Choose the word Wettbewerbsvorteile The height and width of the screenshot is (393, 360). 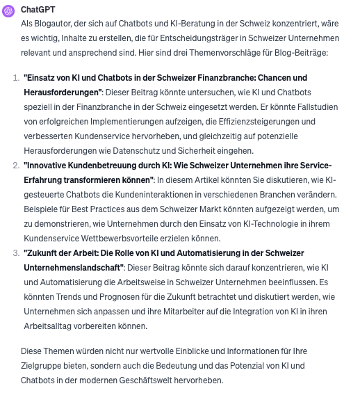(x=122, y=238)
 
